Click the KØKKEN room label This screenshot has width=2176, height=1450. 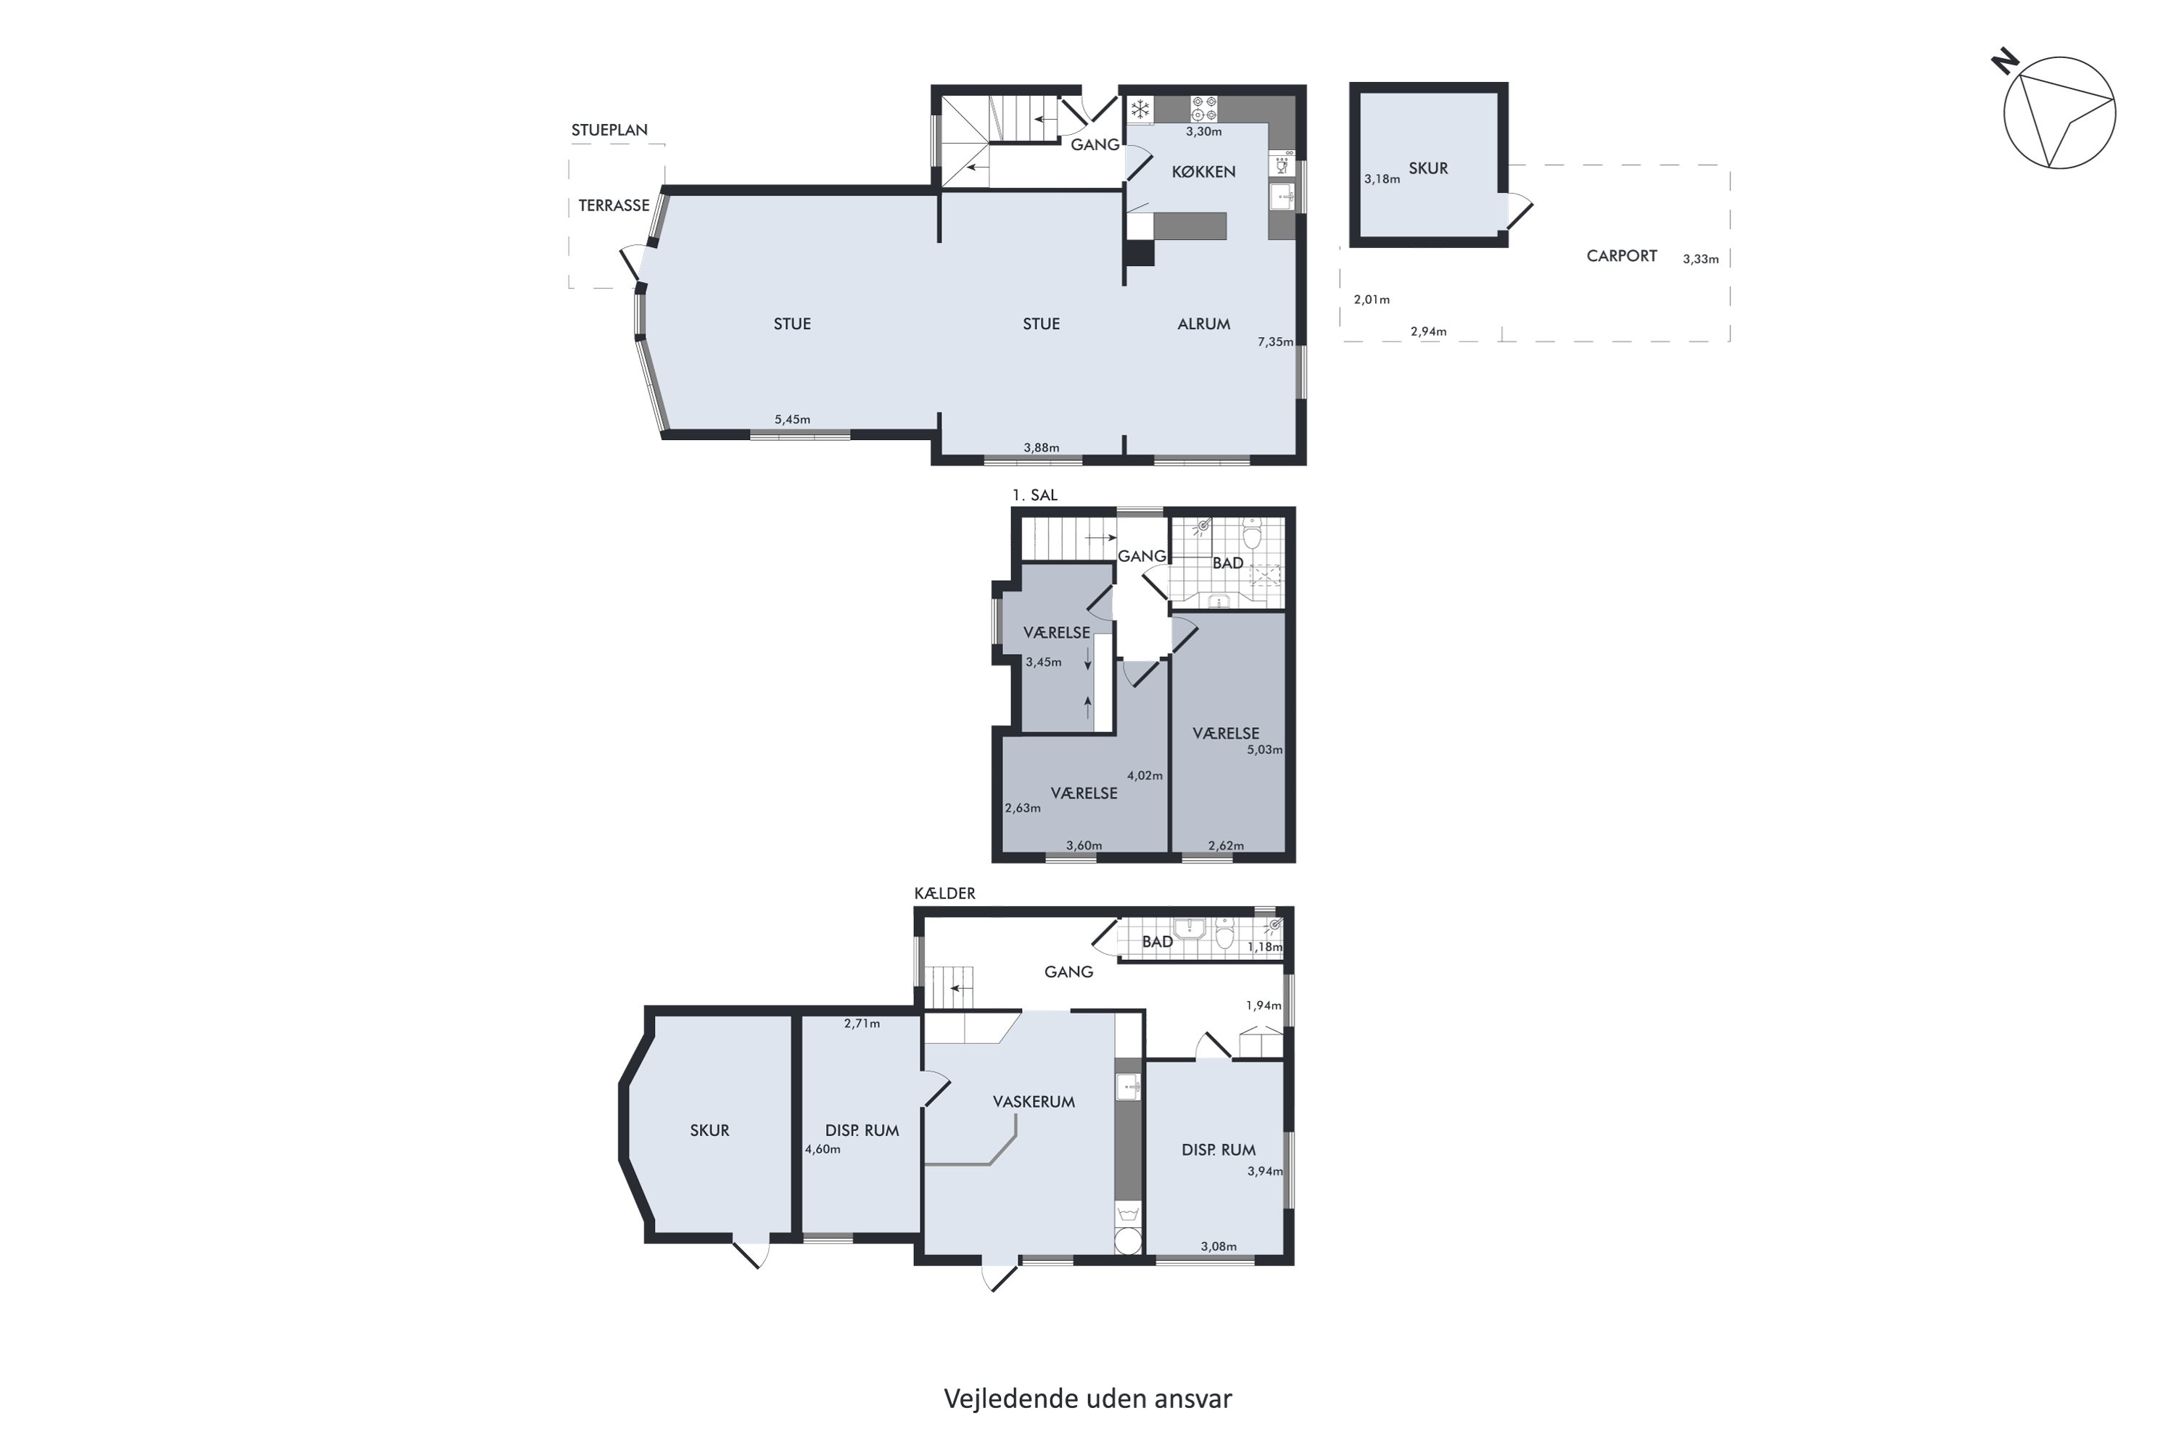1203,172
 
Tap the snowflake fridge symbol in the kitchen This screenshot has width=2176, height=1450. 1139,110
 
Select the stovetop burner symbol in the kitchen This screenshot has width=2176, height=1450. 1203,109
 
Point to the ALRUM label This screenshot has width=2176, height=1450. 1203,323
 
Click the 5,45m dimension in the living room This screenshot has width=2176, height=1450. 792,420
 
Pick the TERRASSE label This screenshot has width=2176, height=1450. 614,205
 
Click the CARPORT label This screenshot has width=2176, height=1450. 1621,256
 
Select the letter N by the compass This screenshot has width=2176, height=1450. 2005,62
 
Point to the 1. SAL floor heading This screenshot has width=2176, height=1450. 1034,496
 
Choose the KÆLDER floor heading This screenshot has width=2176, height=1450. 944,893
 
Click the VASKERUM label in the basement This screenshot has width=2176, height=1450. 1034,1101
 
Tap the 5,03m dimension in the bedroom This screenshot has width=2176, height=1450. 1265,750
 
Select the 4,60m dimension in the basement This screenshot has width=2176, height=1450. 823,1149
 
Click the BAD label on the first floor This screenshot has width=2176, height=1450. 1228,563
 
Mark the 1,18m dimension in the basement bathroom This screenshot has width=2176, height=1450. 1265,947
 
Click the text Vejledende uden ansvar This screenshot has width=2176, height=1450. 1088,1399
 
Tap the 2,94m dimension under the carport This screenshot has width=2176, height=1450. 1428,332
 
